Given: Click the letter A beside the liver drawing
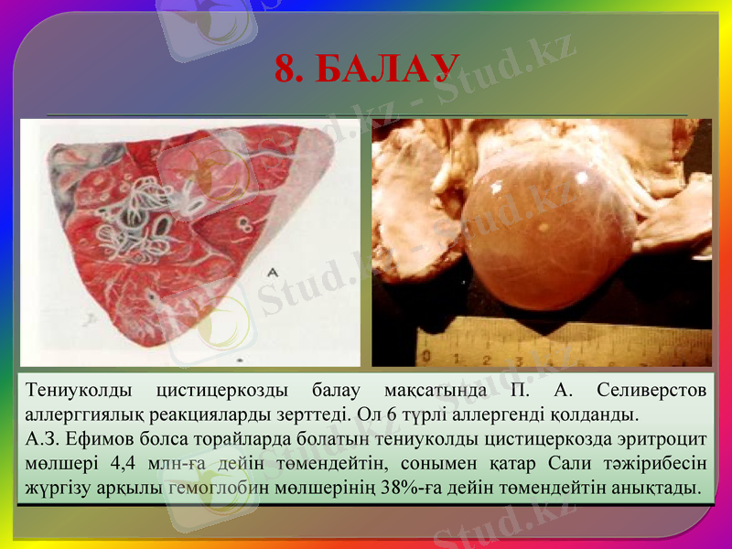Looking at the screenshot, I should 272,272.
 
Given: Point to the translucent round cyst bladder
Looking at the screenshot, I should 547,236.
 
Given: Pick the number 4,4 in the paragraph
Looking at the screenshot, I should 120,462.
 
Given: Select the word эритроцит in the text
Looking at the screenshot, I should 653,438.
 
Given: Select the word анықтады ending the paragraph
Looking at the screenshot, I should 651,486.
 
